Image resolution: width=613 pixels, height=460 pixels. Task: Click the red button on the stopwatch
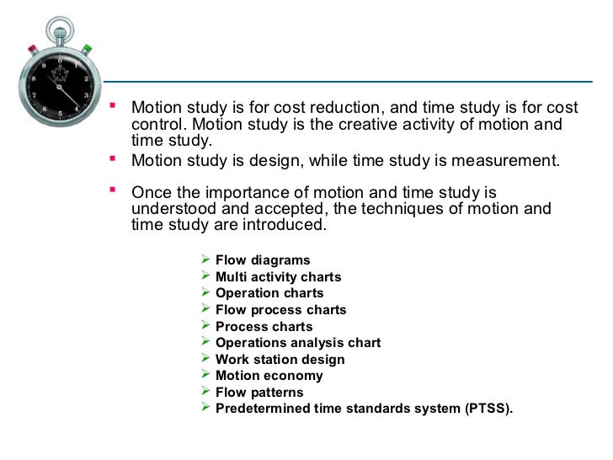point(32,48)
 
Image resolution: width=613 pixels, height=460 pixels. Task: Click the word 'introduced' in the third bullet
point(284,225)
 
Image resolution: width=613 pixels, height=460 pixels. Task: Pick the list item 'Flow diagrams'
point(263,260)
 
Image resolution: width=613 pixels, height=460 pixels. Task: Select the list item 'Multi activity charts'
point(278,276)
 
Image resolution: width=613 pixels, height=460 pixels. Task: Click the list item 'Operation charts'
point(269,293)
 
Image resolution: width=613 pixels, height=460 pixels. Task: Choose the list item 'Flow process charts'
point(280,310)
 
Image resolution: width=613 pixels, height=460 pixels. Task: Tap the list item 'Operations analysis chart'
point(298,343)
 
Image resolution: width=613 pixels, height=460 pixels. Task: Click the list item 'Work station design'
point(280,359)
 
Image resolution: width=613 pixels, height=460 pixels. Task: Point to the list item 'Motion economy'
point(269,376)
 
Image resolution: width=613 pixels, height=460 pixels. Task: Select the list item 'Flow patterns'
point(259,393)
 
